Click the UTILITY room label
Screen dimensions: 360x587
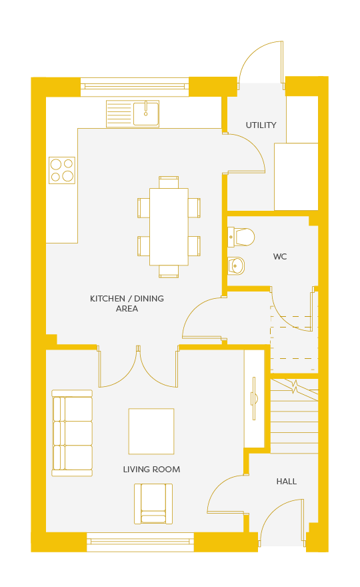click(x=261, y=125)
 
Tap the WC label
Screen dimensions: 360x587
click(x=280, y=256)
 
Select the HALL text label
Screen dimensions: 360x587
click(x=286, y=482)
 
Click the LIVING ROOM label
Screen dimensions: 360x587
click(x=151, y=470)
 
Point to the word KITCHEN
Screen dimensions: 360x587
click(x=107, y=299)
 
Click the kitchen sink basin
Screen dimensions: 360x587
click(x=146, y=113)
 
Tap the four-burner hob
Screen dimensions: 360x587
click(x=62, y=170)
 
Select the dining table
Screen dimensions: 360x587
click(x=169, y=227)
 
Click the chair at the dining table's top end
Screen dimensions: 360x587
click(x=169, y=182)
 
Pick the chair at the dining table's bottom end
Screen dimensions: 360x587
click(x=169, y=271)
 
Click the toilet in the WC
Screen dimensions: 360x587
click(x=241, y=237)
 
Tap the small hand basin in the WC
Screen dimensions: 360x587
click(x=236, y=265)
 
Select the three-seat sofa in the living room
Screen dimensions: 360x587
click(x=72, y=433)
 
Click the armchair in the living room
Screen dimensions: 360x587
click(x=153, y=504)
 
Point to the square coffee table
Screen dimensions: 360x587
click(x=151, y=432)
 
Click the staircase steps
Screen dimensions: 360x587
click(x=294, y=416)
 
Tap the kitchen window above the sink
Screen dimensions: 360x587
click(x=135, y=87)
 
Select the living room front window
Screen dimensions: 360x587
click(x=140, y=542)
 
